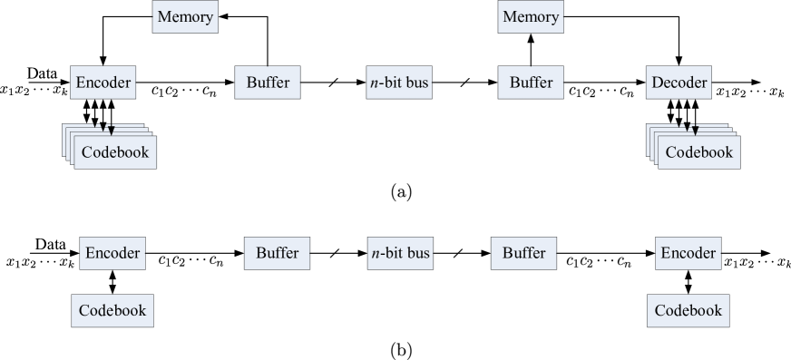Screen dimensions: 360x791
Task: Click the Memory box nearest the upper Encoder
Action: (184, 17)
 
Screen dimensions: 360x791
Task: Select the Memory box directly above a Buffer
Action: (531, 17)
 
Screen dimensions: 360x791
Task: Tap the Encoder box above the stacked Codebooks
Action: (103, 83)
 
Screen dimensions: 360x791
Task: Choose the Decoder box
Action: (679, 83)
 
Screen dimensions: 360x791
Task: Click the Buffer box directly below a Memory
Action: (531, 83)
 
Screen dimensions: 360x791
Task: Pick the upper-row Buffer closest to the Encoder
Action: (268, 83)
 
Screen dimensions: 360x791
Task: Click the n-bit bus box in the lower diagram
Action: (400, 253)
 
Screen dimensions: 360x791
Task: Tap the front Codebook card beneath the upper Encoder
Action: (114, 152)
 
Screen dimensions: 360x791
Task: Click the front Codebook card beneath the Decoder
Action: (698, 152)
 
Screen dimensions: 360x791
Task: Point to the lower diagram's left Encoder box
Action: (112, 253)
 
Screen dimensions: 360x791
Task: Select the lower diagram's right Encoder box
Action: (688, 253)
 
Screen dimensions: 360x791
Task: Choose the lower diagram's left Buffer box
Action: (277, 253)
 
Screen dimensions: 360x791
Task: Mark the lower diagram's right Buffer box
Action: (523, 253)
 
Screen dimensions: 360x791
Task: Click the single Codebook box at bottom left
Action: (112, 310)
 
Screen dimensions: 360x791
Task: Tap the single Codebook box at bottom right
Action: (688, 310)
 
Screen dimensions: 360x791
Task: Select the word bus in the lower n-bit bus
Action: (415, 253)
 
